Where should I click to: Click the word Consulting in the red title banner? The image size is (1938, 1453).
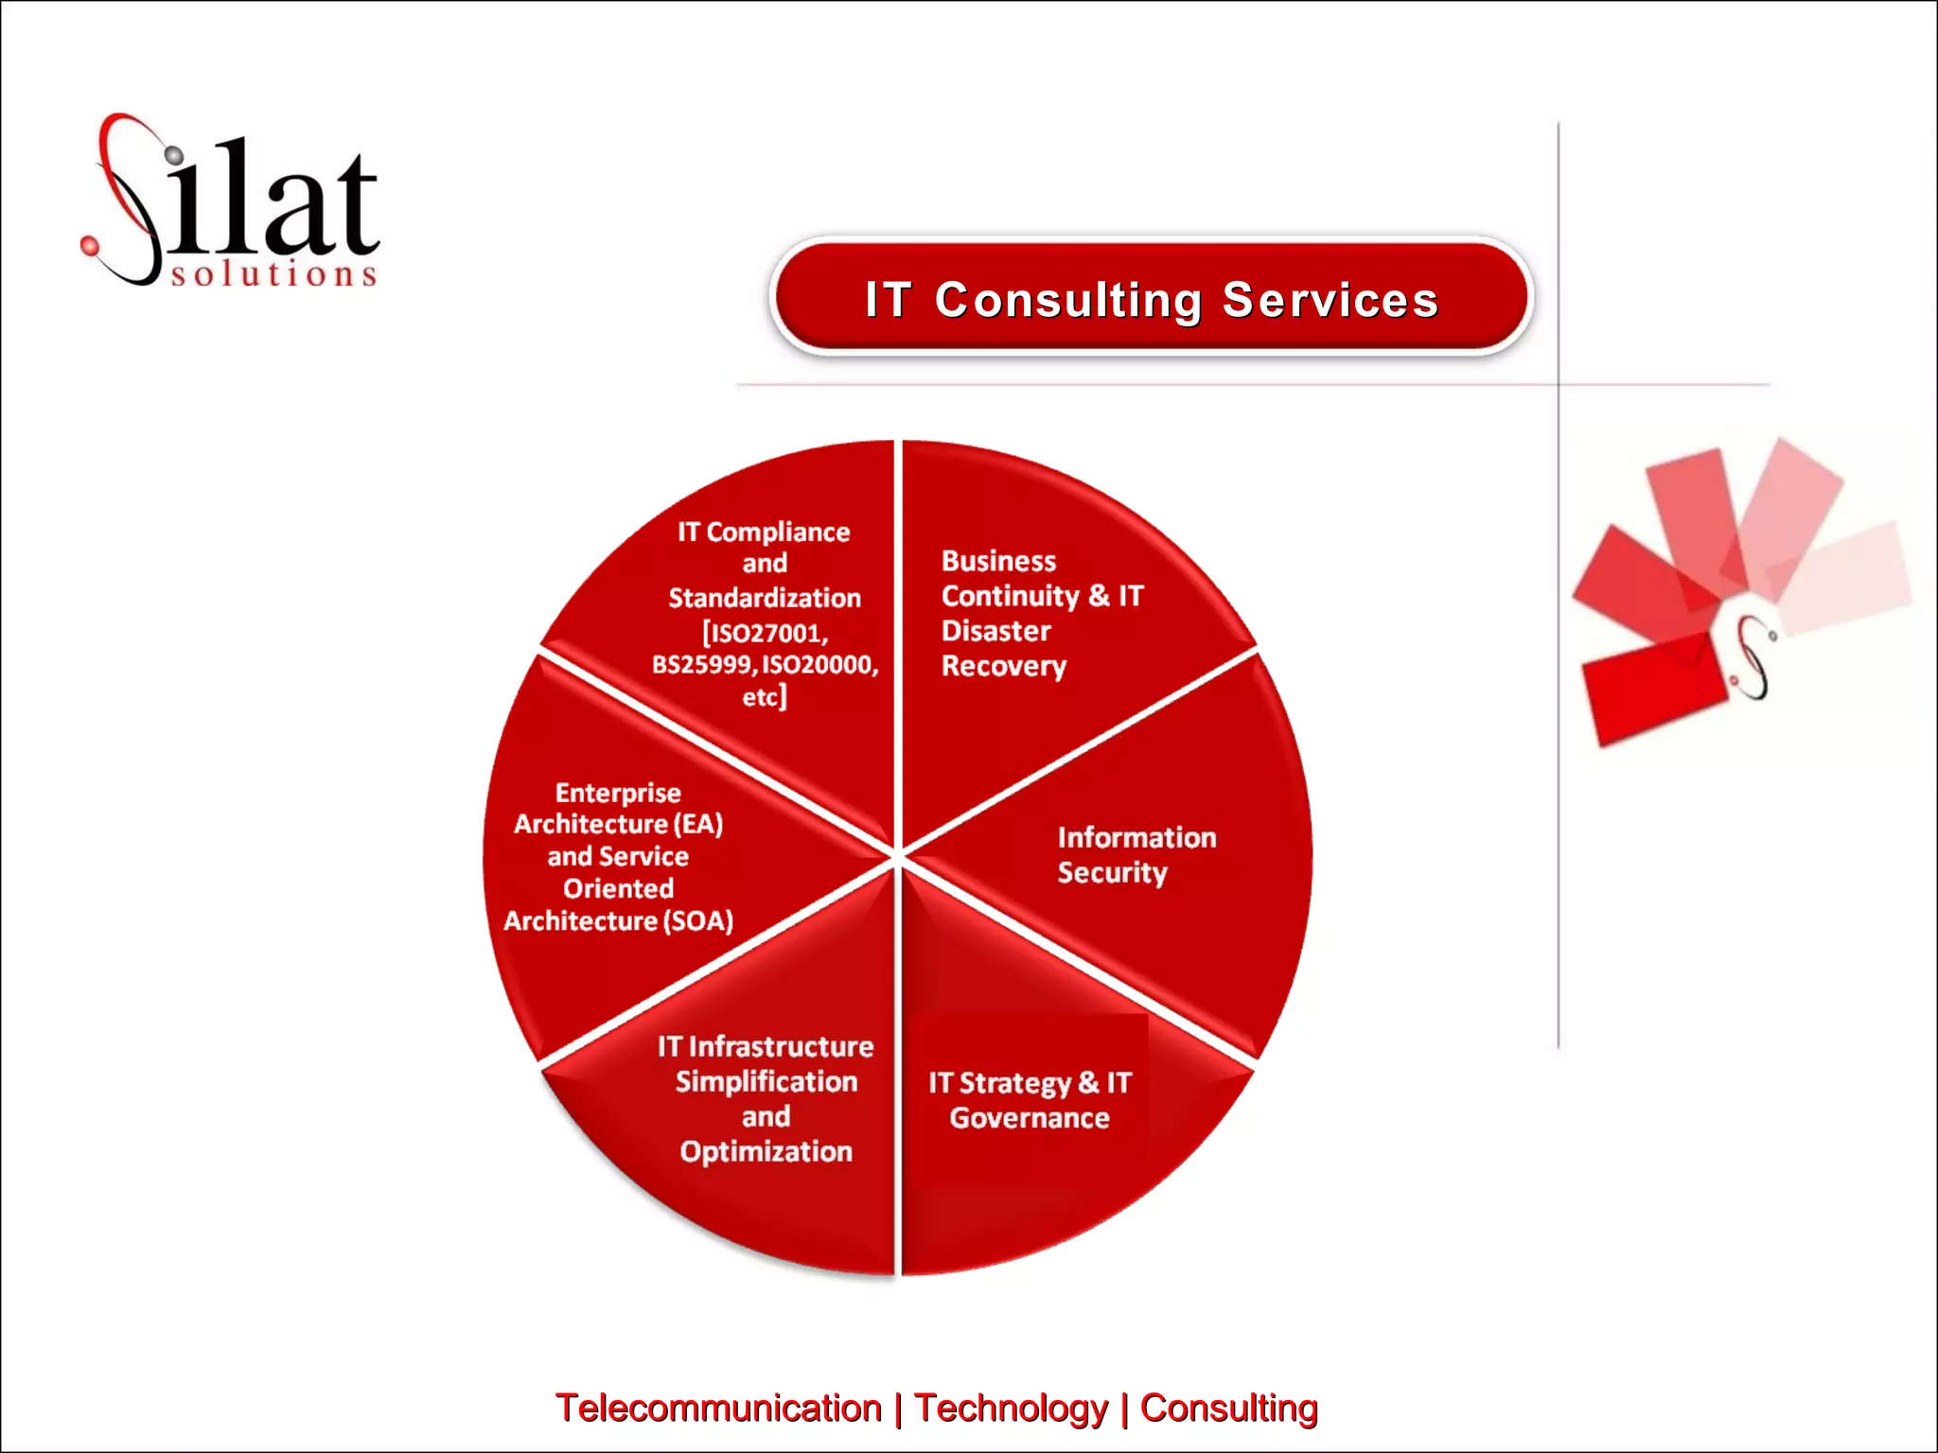click(1068, 301)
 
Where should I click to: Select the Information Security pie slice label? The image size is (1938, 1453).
click(1136, 854)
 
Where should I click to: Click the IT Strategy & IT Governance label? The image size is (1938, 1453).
click(1030, 1100)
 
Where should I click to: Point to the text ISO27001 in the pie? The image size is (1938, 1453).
click(766, 633)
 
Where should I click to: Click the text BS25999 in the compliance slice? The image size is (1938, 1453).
click(702, 665)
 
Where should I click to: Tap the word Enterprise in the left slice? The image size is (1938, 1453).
click(618, 793)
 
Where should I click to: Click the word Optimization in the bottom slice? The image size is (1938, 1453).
click(766, 1151)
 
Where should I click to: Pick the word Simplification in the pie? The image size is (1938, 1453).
click(766, 1081)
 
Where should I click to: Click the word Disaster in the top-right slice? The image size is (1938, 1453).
click(995, 631)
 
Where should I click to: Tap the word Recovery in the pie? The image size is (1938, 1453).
click(1003, 666)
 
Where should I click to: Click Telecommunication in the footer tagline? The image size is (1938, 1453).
click(718, 1408)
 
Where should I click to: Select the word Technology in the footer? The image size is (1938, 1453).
click(1011, 1408)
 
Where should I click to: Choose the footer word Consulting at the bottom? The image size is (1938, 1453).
click(1228, 1408)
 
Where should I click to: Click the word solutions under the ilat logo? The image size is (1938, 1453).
click(274, 274)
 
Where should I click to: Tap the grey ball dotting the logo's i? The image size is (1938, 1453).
click(174, 154)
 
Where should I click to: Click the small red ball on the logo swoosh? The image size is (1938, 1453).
click(90, 246)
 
